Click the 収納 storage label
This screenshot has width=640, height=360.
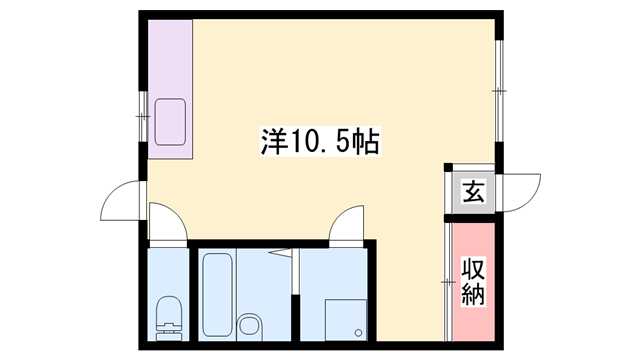(473, 282)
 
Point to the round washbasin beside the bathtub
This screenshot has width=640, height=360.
(249, 325)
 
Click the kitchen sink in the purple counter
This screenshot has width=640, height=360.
(169, 121)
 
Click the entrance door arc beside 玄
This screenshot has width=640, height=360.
(522, 191)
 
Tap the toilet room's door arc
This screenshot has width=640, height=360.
(167, 222)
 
